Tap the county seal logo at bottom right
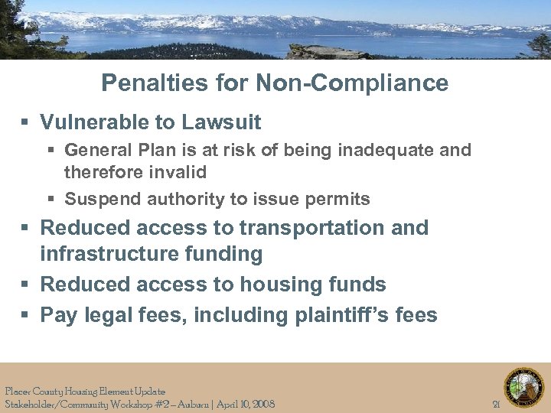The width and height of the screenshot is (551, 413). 523,388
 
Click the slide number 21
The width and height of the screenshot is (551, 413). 496,404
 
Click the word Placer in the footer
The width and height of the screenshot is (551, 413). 18,392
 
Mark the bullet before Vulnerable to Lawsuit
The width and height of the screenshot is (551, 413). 26,123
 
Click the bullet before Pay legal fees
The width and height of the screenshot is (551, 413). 26,315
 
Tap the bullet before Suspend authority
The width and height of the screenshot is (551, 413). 52,200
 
